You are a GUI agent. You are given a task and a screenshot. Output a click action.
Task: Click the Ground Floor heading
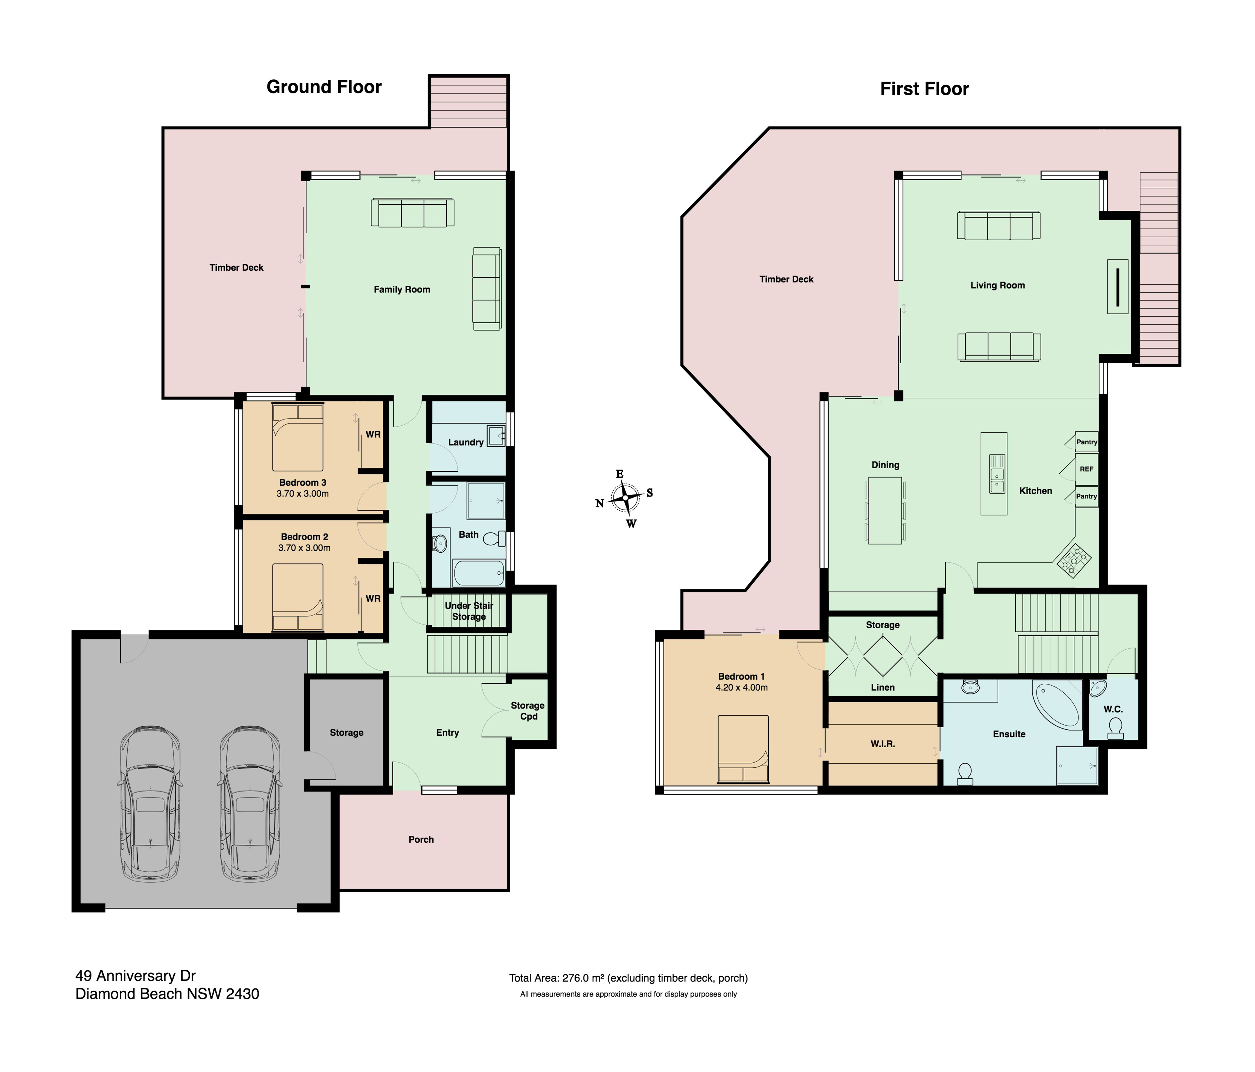[324, 87]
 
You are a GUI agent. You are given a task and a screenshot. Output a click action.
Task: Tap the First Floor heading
[924, 89]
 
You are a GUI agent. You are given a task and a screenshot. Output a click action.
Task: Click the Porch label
[421, 839]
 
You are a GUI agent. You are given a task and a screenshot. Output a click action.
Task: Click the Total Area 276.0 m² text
[628, 977]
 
